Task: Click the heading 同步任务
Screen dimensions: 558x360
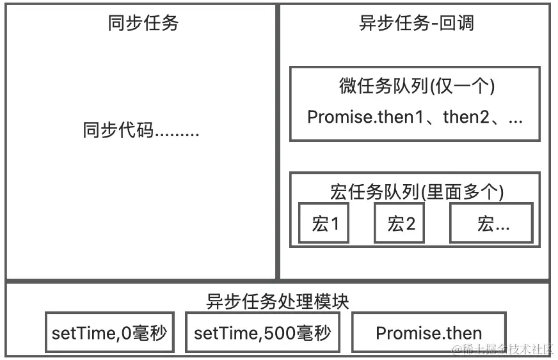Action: (143, 24)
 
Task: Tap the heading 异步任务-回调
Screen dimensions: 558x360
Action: (417, 24)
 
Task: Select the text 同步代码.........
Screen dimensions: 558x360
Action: (118, 131)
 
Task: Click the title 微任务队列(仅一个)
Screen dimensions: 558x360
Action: (417, 86)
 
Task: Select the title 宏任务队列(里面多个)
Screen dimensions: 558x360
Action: (417, 191)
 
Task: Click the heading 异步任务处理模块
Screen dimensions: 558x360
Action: (278, 301)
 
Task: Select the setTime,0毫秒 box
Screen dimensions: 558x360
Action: (109, 333)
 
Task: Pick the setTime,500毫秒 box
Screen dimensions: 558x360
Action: (262, 333)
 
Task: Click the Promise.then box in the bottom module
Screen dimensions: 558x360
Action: (429, 333)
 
